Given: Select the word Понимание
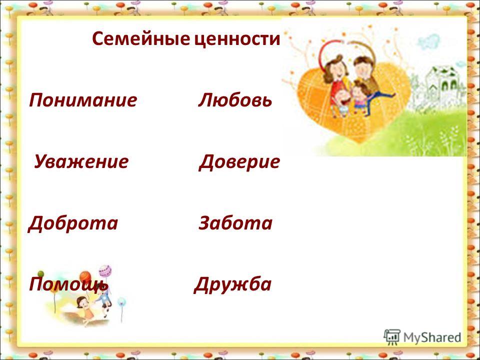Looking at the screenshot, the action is (83, 100).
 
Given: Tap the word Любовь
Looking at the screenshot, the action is (235, 100).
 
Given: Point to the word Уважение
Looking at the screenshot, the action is (81, 162).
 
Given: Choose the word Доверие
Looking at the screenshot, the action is (239, 162).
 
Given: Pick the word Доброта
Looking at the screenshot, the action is (73, 223).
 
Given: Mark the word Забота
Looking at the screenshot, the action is (235, 222).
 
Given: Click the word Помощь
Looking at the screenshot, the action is (68, 284).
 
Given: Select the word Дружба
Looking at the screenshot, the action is (232, 284).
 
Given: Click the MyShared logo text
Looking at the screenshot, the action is (432, 337).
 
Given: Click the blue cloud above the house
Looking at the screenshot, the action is (428, 42).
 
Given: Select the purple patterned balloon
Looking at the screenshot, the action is (104, 270).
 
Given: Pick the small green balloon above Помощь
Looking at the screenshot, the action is (40, 273).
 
